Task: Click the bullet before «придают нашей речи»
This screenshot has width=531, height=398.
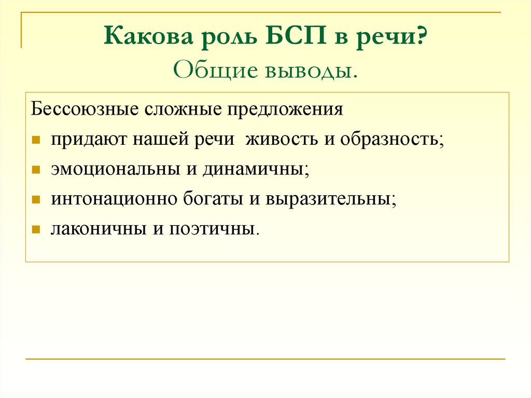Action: pyautogui.click(x=36, y=141)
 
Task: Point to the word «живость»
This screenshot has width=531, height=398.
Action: pyautogui.click(x=282, y=140)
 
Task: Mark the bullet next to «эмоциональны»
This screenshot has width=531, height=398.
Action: pyautogui.click(x=36, y=170)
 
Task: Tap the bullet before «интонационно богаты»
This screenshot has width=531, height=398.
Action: pyautogui.click(x=36, y=200)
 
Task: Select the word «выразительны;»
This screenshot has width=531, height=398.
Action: pyautogui.click(x=331, y=200)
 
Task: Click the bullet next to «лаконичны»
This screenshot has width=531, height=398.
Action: pyautogui.click(x=36, y=229)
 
